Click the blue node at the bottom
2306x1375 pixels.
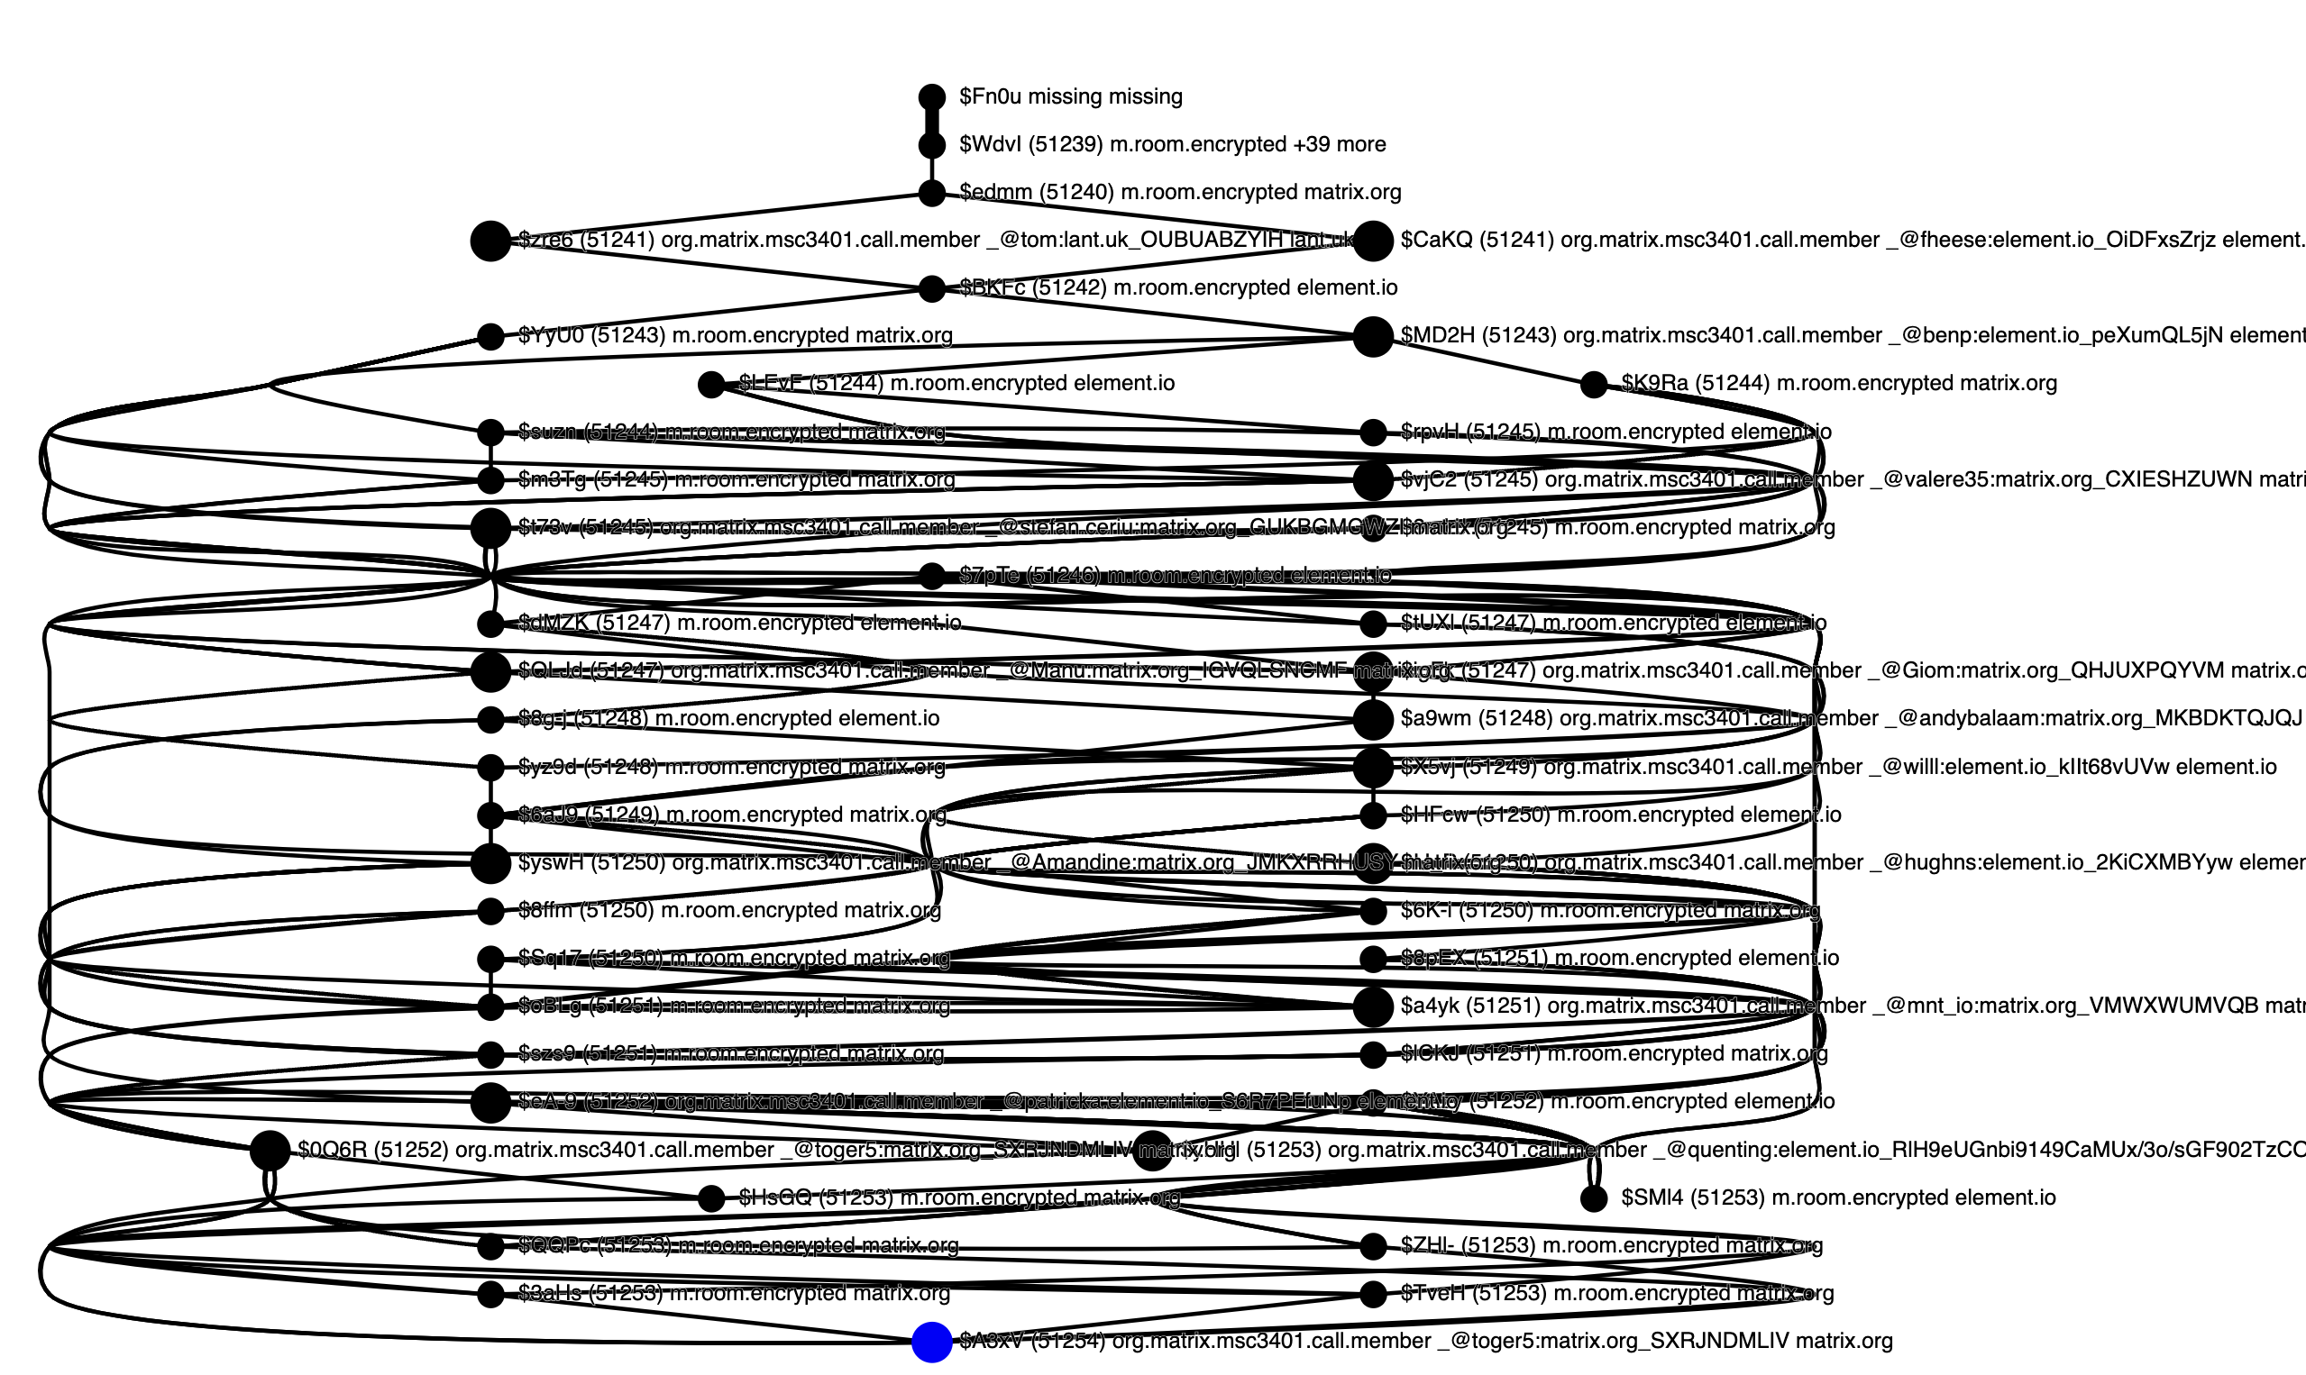pos(931,1342)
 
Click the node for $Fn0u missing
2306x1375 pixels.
pos(931,97)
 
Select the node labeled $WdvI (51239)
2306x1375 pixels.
pos(931,145)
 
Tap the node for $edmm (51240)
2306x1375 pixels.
pos(931,194)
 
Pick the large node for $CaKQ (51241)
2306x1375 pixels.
pos(1373,241)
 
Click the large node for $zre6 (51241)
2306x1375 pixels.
pos(490,241)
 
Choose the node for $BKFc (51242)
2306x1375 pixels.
pos(931,289)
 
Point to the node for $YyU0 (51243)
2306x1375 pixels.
pos(490,336)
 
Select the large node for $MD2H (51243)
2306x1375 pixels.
pos(1373,336)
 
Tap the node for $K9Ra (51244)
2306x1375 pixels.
pos(1593,385)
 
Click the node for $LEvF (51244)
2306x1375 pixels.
pos(711,385)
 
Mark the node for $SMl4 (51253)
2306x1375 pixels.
pos(1593,1199)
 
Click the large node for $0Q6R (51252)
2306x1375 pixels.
pos(270,1151)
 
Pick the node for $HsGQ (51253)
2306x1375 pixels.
pos(711,1199)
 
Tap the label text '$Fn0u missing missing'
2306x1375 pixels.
pos(1070,96)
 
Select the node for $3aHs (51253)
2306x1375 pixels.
pos(490,1295)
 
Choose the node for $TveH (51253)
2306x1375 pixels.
pos(1373,1295)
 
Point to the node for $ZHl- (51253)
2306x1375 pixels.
pos(1373,1246)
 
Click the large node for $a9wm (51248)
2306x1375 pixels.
pos(1373,719)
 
